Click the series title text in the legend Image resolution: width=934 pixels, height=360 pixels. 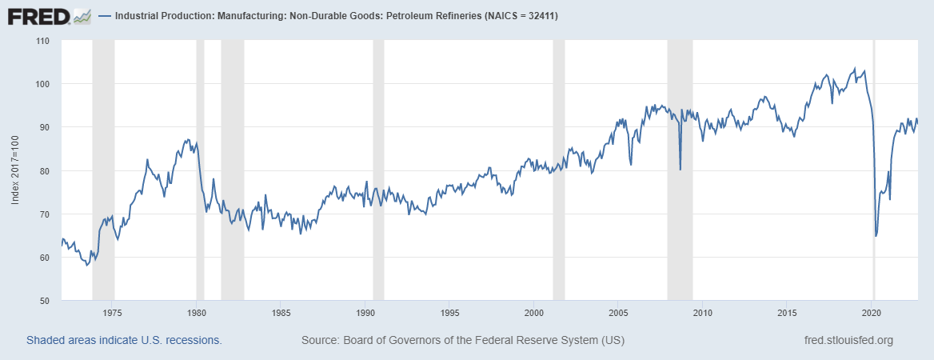point(341,16)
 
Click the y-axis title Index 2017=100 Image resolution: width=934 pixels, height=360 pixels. point(15,170)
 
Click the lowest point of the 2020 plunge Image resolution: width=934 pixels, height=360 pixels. point(876,236)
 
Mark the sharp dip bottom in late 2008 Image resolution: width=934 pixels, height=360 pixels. point(680,170)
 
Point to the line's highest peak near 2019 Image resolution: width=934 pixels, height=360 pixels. point(854,68)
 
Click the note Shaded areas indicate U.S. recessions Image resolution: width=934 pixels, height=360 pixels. point(124,341)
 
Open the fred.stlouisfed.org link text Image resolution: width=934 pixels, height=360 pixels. point(848,341)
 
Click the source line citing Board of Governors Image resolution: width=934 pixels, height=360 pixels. point(462,341)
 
